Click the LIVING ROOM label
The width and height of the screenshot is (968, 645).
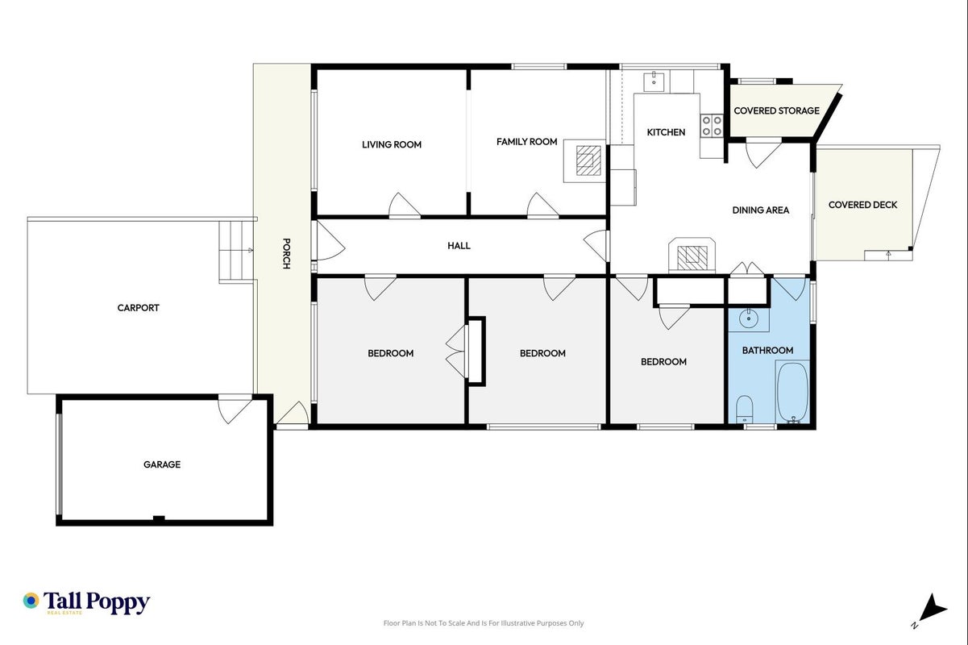tap(392, 144)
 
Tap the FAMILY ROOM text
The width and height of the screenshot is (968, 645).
tap(526, 141)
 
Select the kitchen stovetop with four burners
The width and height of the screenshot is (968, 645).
tap(712, 125)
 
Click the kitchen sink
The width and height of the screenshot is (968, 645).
tap(654, 81)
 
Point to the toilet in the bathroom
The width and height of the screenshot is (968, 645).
tap(744, 409)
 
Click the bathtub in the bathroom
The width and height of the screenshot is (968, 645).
tap(792, 392)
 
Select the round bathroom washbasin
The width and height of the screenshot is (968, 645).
tap(748, 319)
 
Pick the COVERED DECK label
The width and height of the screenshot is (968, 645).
tap(862, 205)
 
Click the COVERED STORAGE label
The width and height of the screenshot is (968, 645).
tap(776, 110)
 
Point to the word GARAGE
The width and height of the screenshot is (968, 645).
tap(162, 464)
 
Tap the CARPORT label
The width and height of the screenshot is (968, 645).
tap(139, 308)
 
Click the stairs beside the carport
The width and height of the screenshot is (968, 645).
tap(236, 252)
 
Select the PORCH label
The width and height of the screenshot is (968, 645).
tap(286, 254)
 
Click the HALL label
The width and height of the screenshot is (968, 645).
tap(459, 246)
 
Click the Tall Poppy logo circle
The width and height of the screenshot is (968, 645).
tap(31, 601)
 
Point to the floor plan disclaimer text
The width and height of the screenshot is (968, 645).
tap(484, 623)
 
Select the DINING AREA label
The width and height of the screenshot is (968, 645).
tap(761, 210)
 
